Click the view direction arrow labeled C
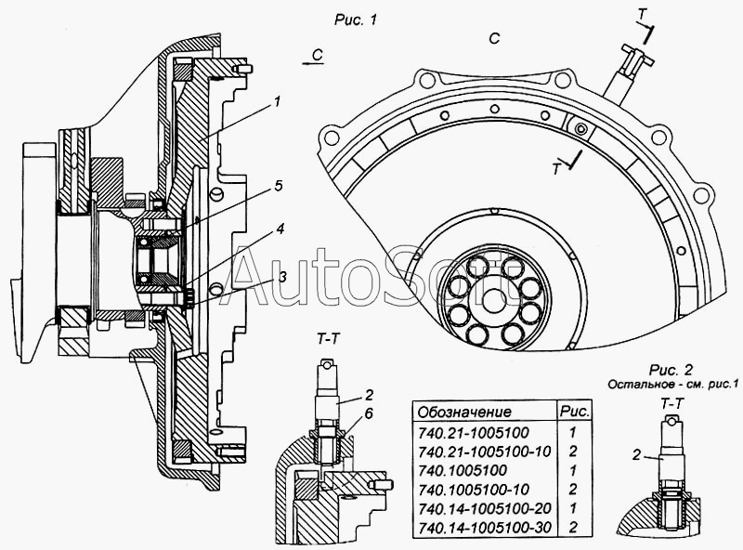[x=315, y=57]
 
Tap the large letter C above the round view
[x=493, y=38]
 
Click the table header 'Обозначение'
[x=464, y=411]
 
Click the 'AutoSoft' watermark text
[x=371, y=277]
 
